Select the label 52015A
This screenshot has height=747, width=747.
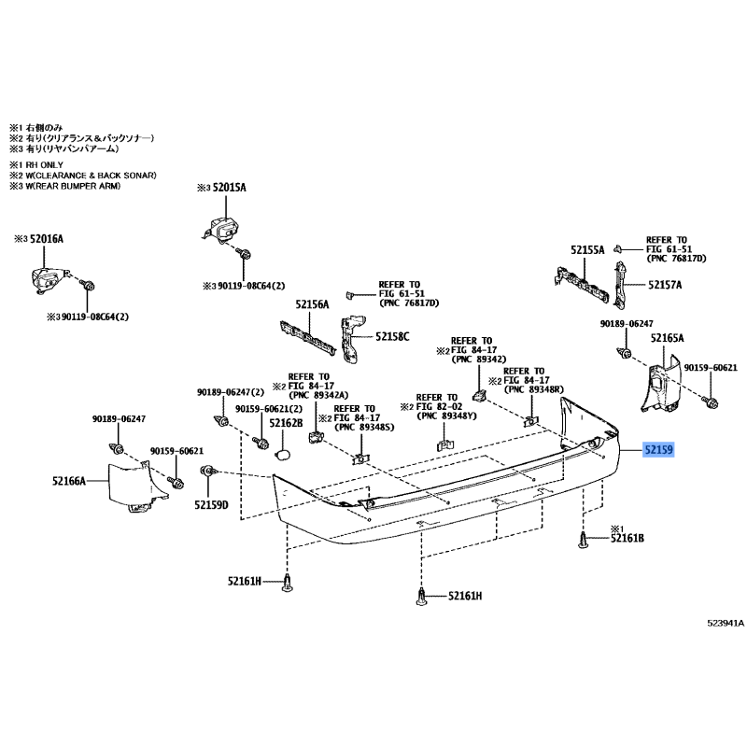pos(229,188)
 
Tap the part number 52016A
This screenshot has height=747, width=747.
pos(46,239)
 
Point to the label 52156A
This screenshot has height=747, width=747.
pos(313,304)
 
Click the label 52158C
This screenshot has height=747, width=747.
pos(393,335)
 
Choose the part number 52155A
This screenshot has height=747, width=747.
pos(587,249)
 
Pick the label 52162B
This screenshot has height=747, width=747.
pos(287,423)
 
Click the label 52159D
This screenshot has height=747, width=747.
pos(211,505)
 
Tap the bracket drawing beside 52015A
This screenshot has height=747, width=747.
pos(222,230)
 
